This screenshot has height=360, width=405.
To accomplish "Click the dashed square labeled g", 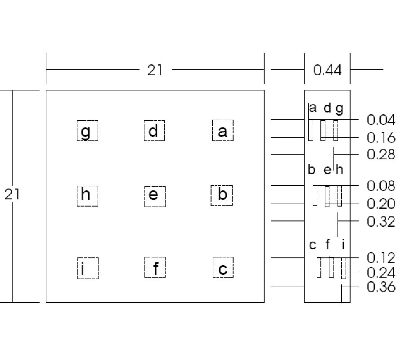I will coord(87,130).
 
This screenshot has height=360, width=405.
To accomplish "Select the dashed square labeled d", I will coord(154,130).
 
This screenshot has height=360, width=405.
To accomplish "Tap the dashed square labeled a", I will coord(222,130).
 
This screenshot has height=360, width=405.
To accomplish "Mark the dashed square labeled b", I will coord(222,195).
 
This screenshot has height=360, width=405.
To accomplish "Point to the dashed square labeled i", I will coord(87,268).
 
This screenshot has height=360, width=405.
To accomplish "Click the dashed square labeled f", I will coord(155,268).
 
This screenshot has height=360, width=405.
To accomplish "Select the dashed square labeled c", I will coord(223,268).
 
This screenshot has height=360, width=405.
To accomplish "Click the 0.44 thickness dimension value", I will coord(327,70).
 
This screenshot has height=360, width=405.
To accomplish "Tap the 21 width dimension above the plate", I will coord(155,70).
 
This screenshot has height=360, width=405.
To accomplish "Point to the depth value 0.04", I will coord(381,120).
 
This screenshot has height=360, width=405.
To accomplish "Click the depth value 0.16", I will coord(381,137).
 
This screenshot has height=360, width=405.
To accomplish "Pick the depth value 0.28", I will coord(381,154).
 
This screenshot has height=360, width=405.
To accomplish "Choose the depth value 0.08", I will coord(381,185).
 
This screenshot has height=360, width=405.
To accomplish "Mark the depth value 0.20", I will coord(381,204).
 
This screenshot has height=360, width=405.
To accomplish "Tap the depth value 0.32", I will coord(381,221).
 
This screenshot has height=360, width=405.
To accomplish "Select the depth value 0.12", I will coord(381,257).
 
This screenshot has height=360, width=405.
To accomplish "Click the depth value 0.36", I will coord(381,287).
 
